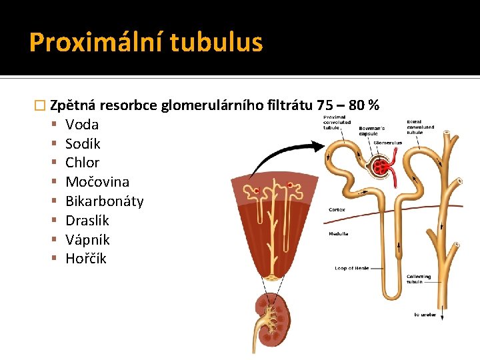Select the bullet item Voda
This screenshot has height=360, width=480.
point(82,124)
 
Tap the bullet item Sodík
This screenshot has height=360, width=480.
point(83,143)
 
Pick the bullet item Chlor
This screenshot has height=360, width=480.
point(83,163)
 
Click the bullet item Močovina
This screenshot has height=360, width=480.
point(97,182)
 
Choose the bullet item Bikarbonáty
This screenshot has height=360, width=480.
point(104,201)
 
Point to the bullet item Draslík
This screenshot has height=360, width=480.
point(87,221)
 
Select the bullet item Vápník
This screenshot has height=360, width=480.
point(87,239)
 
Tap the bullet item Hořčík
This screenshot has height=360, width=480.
point(86,259)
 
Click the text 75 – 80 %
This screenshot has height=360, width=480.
point(348,105)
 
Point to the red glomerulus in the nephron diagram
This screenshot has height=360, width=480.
point(385,166)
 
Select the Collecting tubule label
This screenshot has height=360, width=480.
point(419,279)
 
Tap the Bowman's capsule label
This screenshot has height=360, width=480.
point(372,131)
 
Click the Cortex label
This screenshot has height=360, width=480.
point(337,209)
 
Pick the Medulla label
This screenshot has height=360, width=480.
point(338,234)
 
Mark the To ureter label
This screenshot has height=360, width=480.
point(425,314)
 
